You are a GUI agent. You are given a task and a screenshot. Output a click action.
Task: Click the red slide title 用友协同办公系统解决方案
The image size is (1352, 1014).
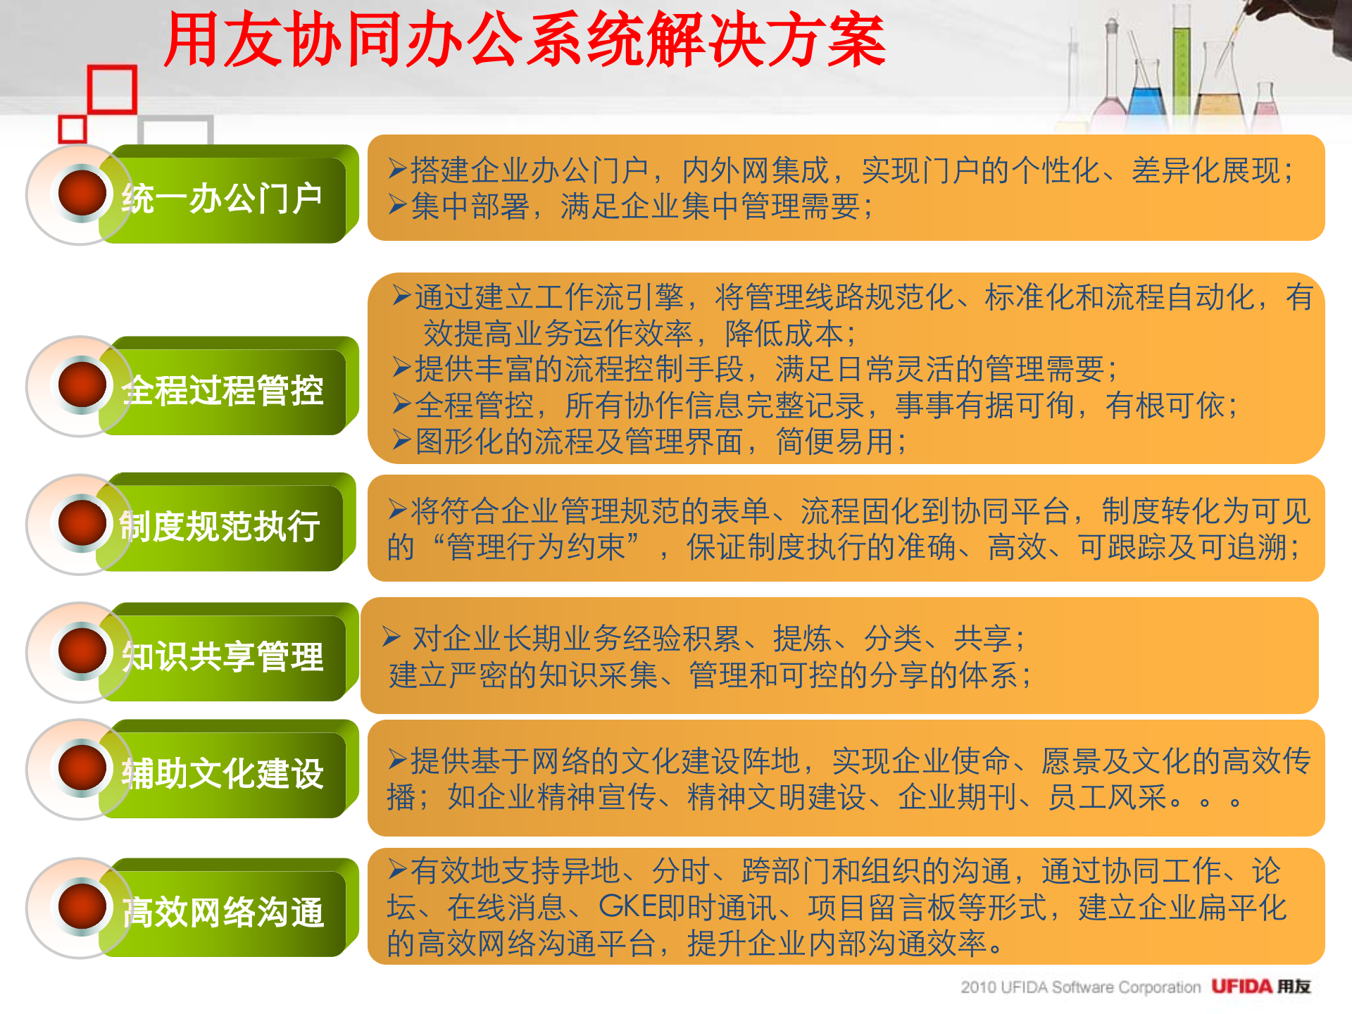pos(525,40)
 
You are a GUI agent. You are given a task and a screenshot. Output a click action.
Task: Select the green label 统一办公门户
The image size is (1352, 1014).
pos(222,198)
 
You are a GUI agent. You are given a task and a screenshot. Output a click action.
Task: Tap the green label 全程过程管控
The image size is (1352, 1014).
pos(222,390)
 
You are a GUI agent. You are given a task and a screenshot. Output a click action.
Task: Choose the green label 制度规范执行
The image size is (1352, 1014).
pos(220,526)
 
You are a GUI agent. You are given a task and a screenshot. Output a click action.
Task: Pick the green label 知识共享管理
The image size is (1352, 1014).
pos(222,656)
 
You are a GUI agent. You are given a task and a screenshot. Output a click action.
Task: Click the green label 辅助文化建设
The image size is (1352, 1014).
pos(222,773)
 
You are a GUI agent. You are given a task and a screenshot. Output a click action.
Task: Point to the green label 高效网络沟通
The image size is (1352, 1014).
pos(222,912)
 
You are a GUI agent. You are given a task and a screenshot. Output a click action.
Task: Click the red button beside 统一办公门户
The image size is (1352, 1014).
pos(82,192)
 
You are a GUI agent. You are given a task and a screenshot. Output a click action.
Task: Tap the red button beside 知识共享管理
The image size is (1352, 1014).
pos(82,650)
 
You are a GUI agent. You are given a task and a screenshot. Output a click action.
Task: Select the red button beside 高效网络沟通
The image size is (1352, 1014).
pos(82,906)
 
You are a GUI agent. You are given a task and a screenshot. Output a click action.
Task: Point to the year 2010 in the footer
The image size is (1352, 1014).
pos(978,987)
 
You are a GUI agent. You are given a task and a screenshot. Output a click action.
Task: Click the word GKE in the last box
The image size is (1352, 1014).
pos(626,907)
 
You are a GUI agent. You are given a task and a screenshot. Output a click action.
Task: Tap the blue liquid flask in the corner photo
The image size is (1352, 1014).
pos(1147,99)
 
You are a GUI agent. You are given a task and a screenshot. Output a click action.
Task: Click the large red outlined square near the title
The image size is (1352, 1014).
pos(112,89)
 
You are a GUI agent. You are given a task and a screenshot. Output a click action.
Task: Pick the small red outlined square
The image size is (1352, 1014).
pos(72,130)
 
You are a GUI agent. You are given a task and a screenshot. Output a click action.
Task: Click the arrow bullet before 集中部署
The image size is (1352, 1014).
pos(398,206)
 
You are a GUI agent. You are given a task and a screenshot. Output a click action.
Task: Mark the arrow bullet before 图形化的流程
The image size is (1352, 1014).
pos(402,440)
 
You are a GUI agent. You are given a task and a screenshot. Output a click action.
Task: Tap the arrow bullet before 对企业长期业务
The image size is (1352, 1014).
pos(392,637)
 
